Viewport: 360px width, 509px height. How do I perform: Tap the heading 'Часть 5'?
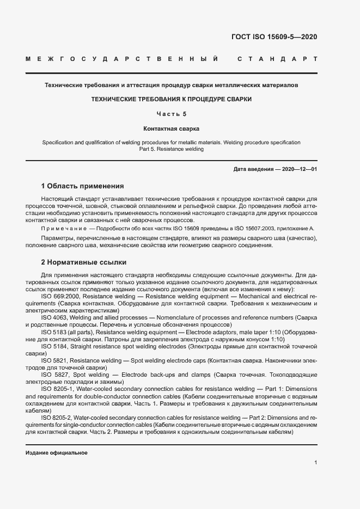coord(172,114)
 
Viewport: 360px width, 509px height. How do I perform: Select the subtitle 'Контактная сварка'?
coord(172,129)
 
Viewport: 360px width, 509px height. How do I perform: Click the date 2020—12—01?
coord(299,169)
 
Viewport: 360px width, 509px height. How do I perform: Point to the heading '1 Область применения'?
coord(82,186)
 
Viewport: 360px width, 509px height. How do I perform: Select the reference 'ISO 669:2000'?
coord(59,296)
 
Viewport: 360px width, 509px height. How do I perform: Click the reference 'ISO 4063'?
coord(54,317)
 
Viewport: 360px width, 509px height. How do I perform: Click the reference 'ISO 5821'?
coord(54,360)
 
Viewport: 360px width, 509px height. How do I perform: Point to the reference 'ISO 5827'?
coord(55,375)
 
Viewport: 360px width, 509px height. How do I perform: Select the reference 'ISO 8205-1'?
coord(58,389)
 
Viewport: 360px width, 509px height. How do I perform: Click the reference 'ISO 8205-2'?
coord(58,417)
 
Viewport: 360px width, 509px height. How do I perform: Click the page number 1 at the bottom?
coord(315,462)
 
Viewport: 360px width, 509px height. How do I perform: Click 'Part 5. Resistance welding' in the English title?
coord(171,149)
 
